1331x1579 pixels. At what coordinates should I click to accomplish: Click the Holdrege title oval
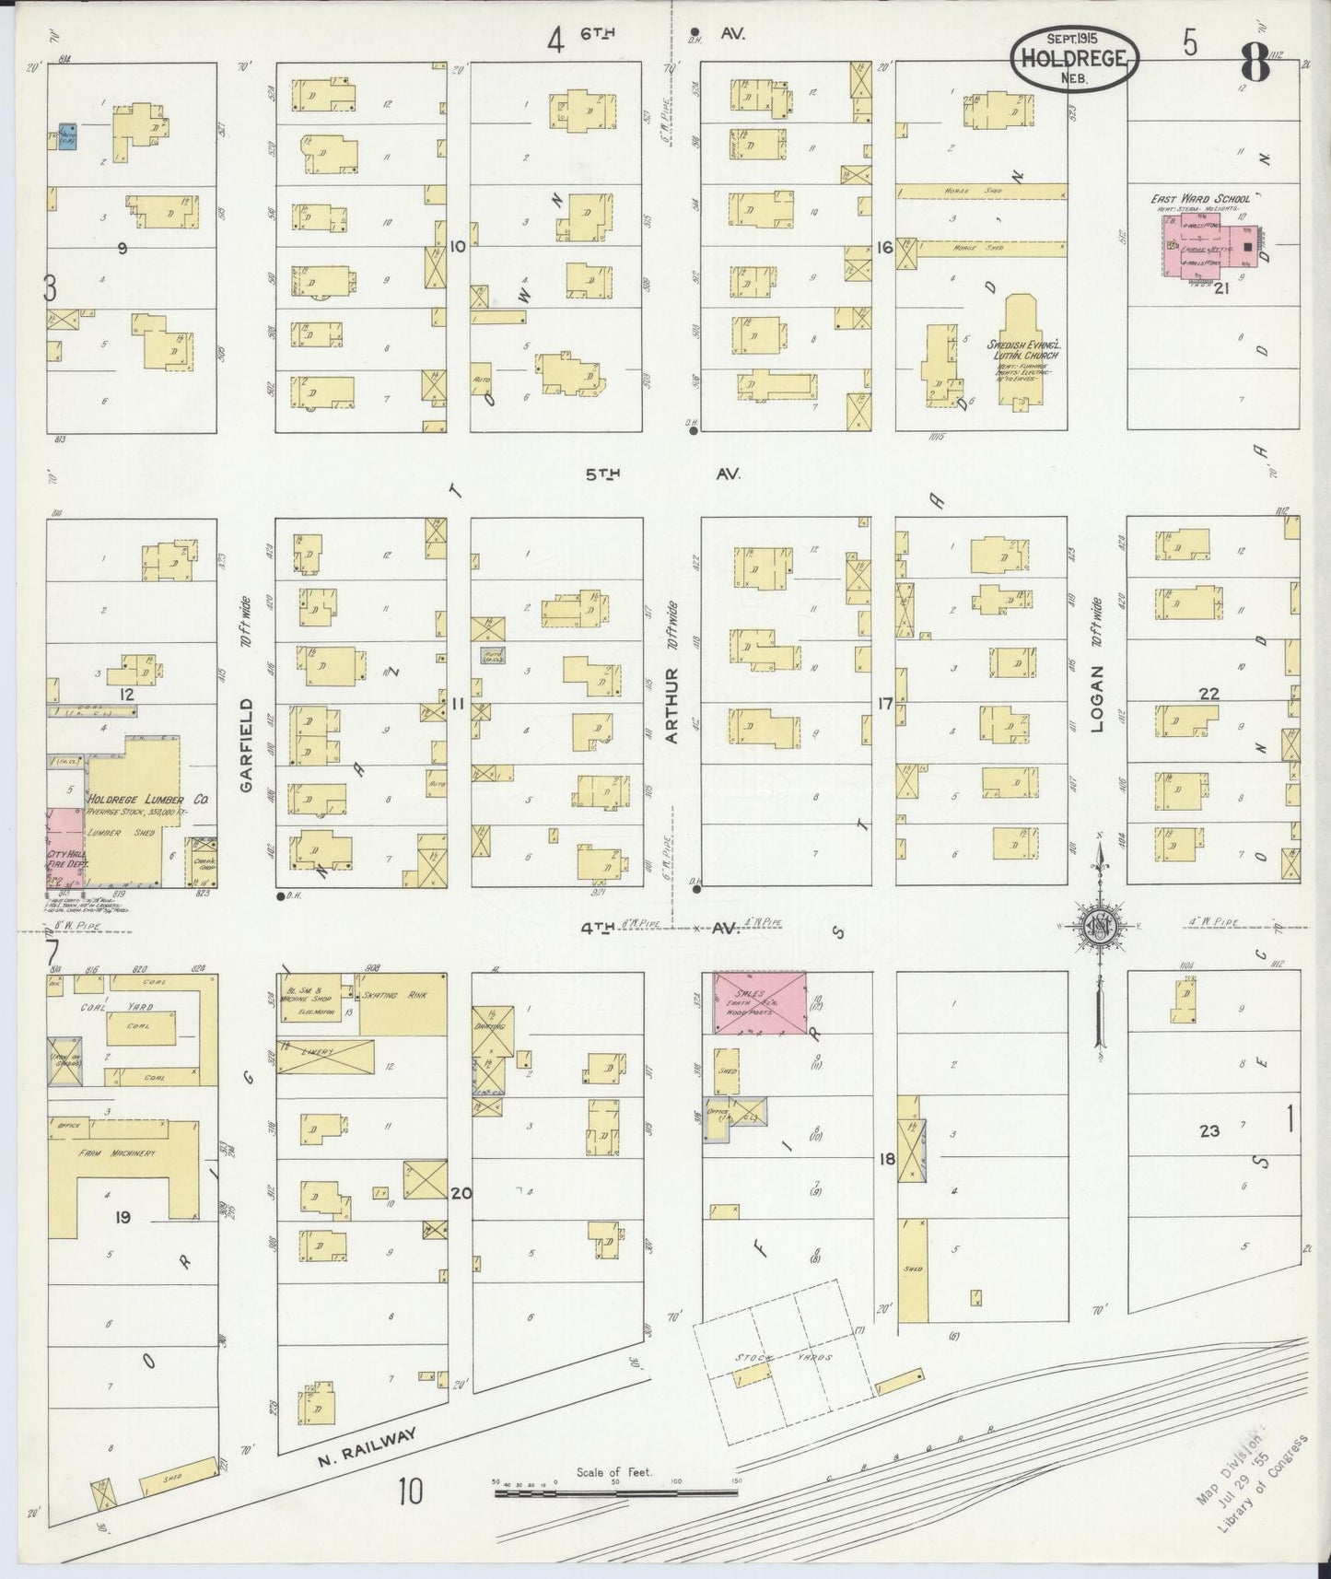tap(1075, 58)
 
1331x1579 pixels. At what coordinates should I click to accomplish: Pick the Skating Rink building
tap(403, 1004)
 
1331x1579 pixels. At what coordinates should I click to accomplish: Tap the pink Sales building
tap(761, 1001)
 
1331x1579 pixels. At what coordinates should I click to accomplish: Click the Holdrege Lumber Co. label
tap(147, 801)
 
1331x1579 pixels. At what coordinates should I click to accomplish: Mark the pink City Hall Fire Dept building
tap(66, 848)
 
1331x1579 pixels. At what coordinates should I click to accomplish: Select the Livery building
tap(326, 1056)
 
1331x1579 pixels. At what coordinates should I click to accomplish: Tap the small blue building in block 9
tap(67, 137)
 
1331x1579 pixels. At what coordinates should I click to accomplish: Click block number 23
tap(1208, 1130)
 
